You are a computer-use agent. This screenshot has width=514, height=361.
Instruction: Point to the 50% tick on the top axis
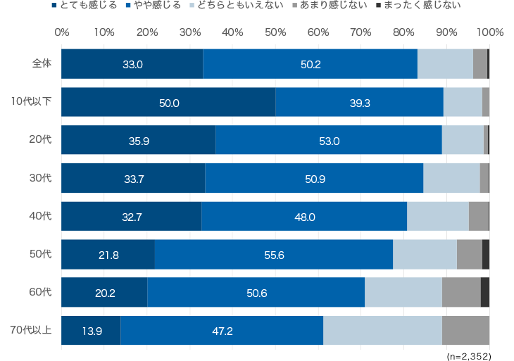tap(275, 32)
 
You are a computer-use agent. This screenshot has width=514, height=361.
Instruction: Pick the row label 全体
tap(42, 63)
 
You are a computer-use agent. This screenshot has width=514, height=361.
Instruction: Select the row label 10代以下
tap(32, 101)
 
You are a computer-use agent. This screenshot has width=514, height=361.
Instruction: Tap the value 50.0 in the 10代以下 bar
tap(169, 103)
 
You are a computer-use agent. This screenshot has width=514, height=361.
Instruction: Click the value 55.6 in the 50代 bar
tap(274, 255)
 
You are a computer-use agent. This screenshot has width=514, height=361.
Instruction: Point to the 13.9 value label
tap(92, 331)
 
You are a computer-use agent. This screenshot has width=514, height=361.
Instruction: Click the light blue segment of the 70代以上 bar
tap(382, 330)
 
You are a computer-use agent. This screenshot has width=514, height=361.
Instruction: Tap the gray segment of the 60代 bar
tap(461, 292)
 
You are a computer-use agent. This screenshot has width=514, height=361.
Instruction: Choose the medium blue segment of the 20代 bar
tap(329, 139)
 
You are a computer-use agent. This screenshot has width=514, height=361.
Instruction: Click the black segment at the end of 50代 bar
tap(486, 254)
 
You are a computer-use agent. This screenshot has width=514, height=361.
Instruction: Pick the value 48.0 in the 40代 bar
tap(304, 217)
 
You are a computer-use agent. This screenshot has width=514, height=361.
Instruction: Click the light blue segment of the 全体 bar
tap(445, 64)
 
